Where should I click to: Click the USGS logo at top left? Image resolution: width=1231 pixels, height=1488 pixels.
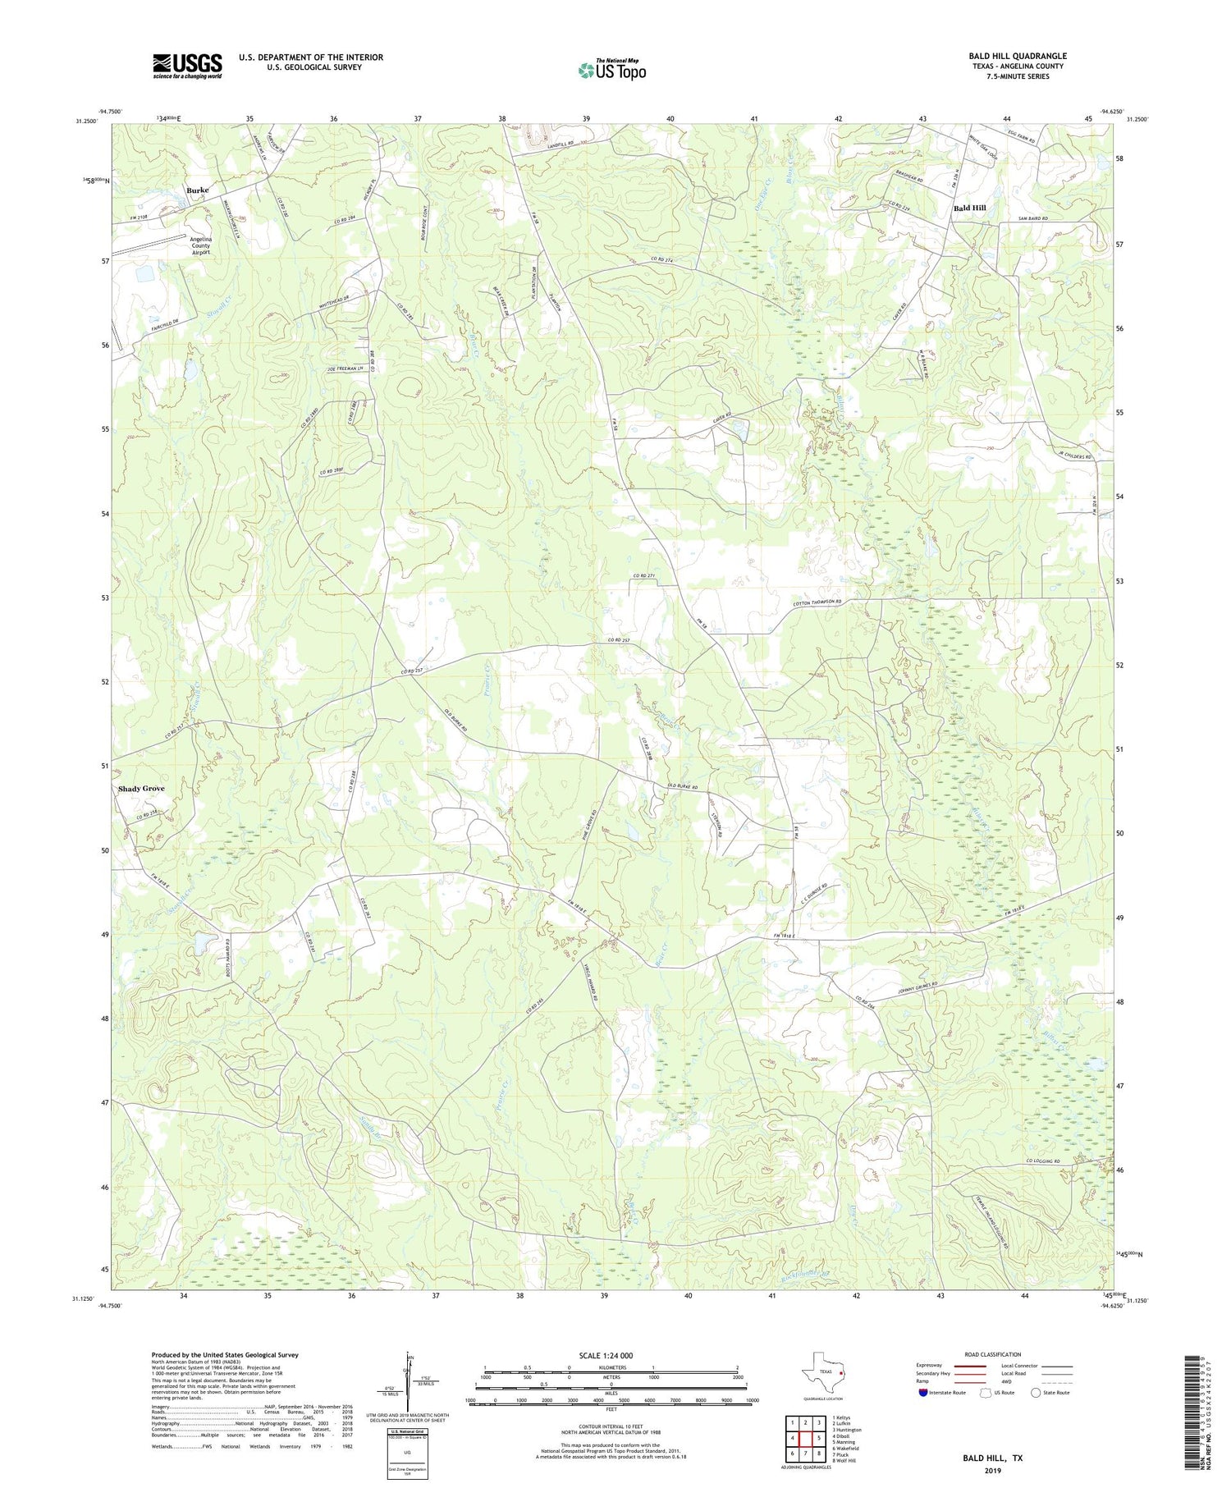(187, 66)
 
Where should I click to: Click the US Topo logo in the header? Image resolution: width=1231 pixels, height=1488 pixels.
(611, 70)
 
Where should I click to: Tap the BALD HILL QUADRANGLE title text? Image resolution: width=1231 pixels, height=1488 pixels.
(1017, 56)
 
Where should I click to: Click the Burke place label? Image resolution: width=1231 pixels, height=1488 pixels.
(197, 190)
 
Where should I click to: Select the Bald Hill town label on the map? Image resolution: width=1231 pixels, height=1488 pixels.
(969, 208)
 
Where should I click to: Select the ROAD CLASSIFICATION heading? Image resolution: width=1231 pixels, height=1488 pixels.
(993, 1354)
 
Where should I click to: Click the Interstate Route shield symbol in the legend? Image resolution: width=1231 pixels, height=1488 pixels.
(923, 1393)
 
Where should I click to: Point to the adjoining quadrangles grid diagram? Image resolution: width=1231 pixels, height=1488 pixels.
(806, 1432)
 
